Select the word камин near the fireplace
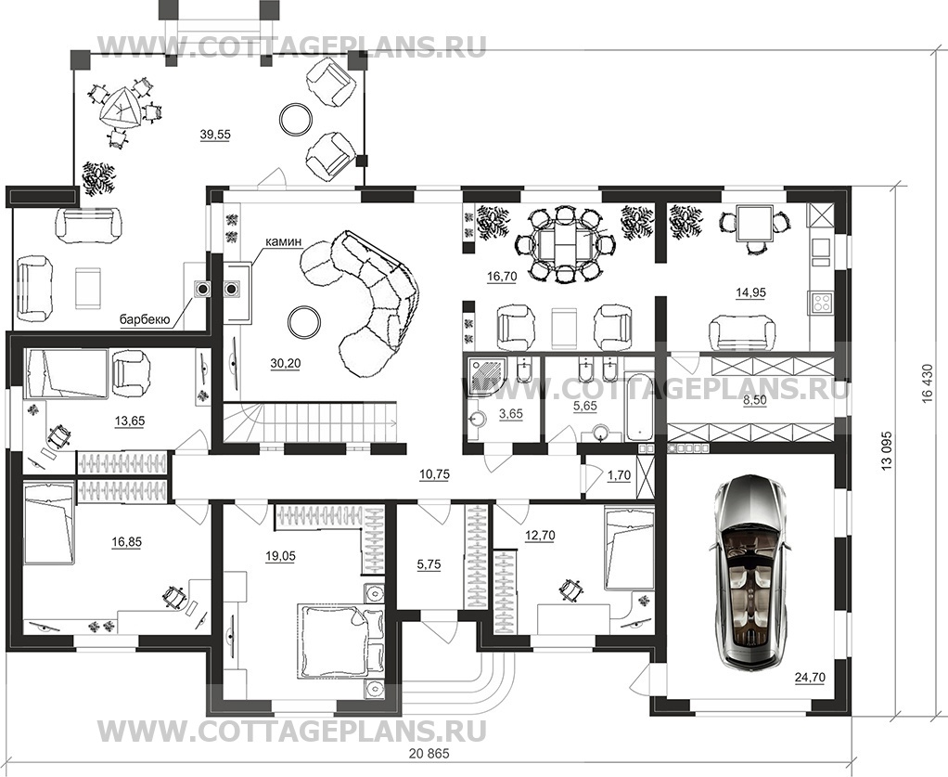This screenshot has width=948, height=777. pos(283,241)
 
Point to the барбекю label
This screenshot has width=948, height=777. pos(145,320)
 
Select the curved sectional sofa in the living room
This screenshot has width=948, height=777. pos(366,292)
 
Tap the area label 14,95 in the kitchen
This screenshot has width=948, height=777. pos(750,291)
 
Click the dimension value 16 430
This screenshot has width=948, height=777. pos(927,381)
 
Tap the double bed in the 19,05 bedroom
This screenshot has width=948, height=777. pos(332,641)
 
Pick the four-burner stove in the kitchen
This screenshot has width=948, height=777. pos(821,302)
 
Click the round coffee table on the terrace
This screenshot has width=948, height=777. pos(297,118)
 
